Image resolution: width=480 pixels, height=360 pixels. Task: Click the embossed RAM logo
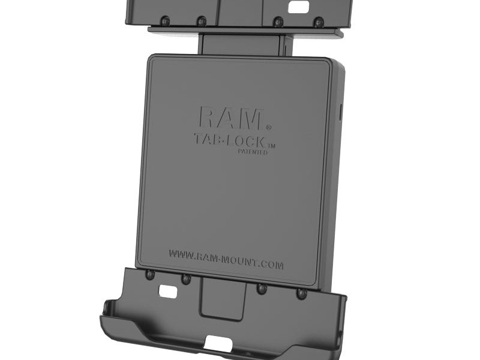(230, 118)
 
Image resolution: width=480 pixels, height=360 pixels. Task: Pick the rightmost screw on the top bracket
(318, 22)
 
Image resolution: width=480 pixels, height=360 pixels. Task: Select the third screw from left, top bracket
(278, 22)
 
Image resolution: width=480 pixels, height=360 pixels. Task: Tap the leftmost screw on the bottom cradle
(151, 275)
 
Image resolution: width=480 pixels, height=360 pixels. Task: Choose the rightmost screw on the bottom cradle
(302, 293)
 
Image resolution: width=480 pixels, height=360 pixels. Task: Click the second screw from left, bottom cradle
(185, 279)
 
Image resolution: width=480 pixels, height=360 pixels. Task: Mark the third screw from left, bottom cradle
(262, 289)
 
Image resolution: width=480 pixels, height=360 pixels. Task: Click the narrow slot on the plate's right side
(341, 112)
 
